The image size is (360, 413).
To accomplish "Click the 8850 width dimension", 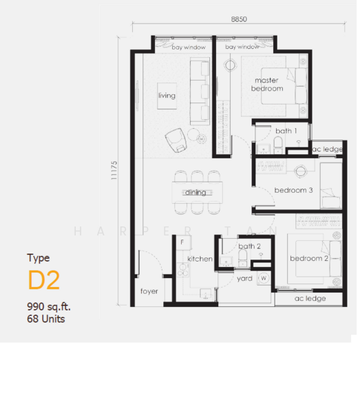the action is (239, 19).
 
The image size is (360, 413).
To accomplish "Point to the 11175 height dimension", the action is (114, 171).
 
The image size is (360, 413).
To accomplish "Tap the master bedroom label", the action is (267, 84).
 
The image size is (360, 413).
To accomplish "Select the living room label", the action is (167, 96).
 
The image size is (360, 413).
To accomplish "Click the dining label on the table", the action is (195, 192).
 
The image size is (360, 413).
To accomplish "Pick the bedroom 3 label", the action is (293, 190).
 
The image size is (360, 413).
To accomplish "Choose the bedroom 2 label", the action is (309, 258).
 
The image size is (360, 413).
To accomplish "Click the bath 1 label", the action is (286, 131).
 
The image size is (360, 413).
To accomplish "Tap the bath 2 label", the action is (249, 246).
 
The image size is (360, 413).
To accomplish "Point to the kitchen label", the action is (200, 259).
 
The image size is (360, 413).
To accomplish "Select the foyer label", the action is (149, 291).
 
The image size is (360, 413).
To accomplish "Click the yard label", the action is (244, 279).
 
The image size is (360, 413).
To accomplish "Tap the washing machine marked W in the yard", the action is (264, 278).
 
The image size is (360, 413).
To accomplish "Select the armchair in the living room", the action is (176, 140).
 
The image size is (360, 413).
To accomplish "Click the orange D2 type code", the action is (44, 280).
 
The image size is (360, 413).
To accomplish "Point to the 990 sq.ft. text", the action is (49, 306).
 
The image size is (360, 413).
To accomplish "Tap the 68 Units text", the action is (46, 319).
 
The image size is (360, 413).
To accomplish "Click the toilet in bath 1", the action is (278, 144).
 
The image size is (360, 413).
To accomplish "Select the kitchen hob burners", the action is (183, 270).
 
